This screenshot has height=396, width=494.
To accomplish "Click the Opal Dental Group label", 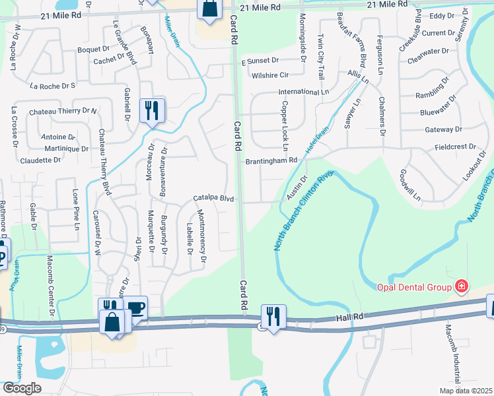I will click(x=413, y=286).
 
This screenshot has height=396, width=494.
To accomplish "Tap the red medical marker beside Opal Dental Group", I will click(x=462, y=286).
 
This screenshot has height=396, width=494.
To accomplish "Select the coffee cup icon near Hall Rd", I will click(x=136, y=308).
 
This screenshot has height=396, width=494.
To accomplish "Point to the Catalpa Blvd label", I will click(x=214, y=198).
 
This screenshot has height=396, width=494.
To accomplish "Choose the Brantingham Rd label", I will click(x=271, y=160).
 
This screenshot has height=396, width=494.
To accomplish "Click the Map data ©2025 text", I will click(x=464, y=391).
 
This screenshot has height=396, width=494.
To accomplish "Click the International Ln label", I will click(x=304, y=92).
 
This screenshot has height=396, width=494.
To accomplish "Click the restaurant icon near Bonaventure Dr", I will click(x=153, y=111).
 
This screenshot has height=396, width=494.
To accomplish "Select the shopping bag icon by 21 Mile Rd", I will click(x=209, y=10).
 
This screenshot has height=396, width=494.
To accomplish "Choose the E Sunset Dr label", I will click(x=260, y=60).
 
